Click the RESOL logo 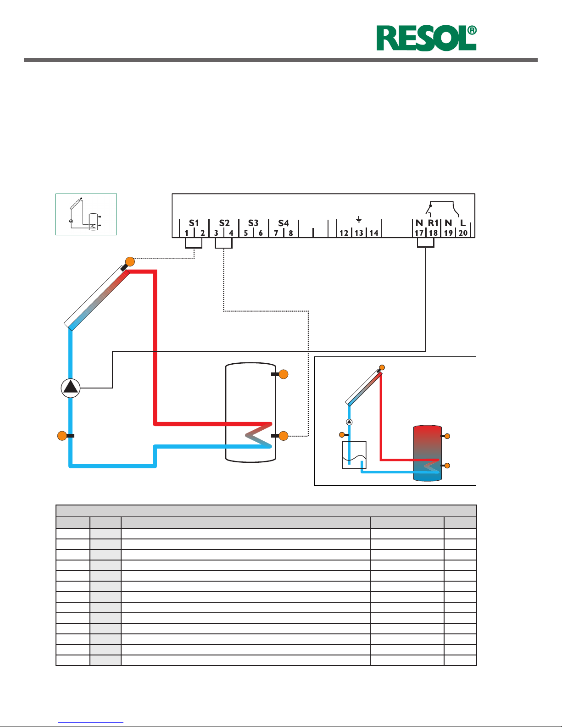[426, 39]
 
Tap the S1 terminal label [194, 223]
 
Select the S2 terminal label [224, 223]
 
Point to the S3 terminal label [253, 223]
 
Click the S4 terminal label [284, 223]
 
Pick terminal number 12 [344, 233]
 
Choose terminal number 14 [374, 233]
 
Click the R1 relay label [433, 223]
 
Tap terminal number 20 [463, 233]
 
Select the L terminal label [463, 223]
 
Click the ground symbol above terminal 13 [359, 220]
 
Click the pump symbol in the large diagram [71, 388]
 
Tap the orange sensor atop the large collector [130, 262]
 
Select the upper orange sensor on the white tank [284, 374]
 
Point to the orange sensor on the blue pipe [62, 436]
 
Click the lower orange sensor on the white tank [284, 436]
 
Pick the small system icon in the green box [86, 214]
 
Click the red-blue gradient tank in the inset [427, 453]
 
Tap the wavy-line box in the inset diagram [354, 455]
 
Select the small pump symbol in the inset [349, 422]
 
